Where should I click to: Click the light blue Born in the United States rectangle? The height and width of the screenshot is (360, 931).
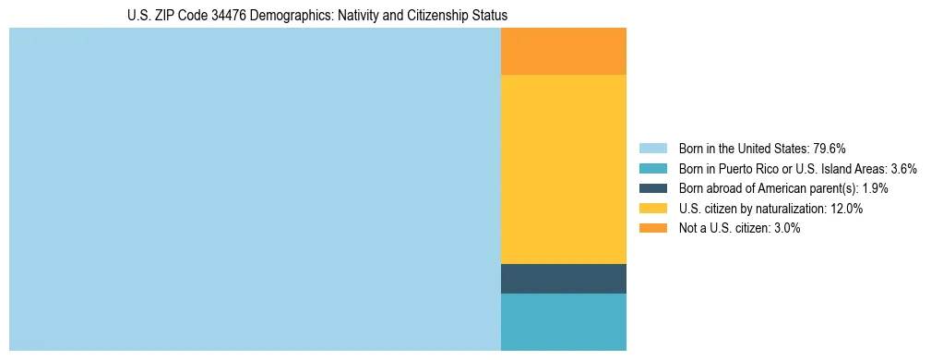tap(255, 189)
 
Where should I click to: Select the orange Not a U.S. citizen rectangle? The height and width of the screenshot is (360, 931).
tap(563, 51)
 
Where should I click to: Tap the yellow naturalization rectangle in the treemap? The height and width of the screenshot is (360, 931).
tap(563, 169)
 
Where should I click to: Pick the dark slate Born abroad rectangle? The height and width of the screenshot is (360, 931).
tap(563, 279)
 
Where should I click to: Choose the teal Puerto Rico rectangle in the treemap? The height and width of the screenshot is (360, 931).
tap(563, 322)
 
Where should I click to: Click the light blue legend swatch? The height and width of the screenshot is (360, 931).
tap(652, 148)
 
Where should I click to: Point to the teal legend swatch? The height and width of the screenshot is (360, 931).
tap(652, 168)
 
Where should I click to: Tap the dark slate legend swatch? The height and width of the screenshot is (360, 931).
tap(652, 188)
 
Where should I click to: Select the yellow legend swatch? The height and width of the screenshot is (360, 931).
tap(652, 209)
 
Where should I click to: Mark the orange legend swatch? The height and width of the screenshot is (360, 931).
tap(652, 228)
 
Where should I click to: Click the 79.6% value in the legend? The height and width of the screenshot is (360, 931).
tap(830, 148)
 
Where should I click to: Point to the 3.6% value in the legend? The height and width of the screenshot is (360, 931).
tap(902, 168)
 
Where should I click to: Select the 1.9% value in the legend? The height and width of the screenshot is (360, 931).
tap(873, 188)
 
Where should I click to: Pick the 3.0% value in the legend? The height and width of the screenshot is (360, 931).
tap(785, 228)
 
